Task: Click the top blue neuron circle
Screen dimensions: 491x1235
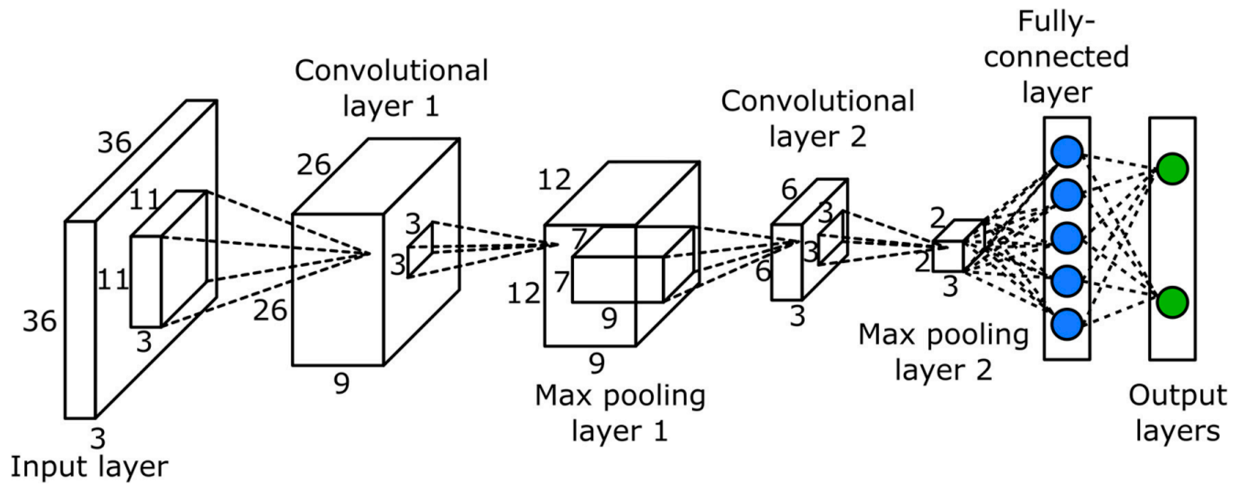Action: (x=1067, y=152)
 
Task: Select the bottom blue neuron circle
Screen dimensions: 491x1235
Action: (x=1067, y=324)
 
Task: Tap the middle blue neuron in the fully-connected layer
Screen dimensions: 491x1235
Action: (x=1067, y=238)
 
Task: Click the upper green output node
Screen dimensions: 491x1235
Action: (x=1172, y=169)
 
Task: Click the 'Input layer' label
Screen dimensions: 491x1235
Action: (x=89, y=467)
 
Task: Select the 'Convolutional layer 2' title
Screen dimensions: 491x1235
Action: (x=818, y=119)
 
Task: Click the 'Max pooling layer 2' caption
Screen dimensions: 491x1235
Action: (x=944, y=353)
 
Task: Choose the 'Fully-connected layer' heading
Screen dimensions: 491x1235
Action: (x=1056, y=57)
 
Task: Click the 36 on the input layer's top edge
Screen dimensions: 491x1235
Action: (x=114, y=143)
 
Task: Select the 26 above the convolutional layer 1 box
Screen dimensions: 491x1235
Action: (x=313, y=165)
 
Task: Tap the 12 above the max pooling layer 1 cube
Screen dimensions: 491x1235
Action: (x=554, y=181)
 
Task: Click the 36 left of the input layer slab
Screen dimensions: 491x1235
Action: (x=40, y=321)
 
